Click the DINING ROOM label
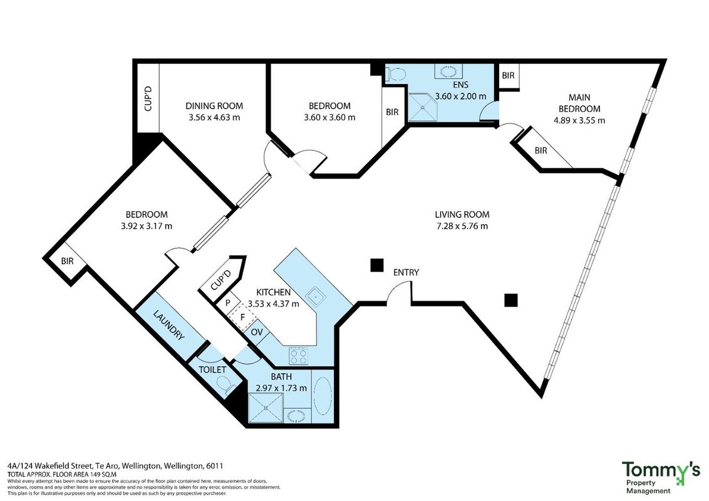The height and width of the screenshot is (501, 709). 214,106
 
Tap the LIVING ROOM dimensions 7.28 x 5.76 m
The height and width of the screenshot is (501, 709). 462,226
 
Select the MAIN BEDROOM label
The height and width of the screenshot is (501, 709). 579,103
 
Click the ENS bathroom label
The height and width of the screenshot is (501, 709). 461,85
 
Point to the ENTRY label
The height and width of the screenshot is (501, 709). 406,272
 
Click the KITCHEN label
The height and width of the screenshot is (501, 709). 274,292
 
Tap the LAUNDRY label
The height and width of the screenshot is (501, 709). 168,324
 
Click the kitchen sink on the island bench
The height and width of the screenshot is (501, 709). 316,297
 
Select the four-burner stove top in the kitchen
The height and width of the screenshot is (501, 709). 298,356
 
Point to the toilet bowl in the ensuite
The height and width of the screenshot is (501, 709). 396,74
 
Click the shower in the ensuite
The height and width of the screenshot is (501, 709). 423,107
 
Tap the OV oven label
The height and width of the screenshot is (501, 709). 257,333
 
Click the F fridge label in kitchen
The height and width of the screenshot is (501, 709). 242,317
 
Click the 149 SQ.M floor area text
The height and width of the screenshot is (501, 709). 100,475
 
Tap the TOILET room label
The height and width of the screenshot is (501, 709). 212,369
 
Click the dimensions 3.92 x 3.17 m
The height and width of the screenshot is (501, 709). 147,226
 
